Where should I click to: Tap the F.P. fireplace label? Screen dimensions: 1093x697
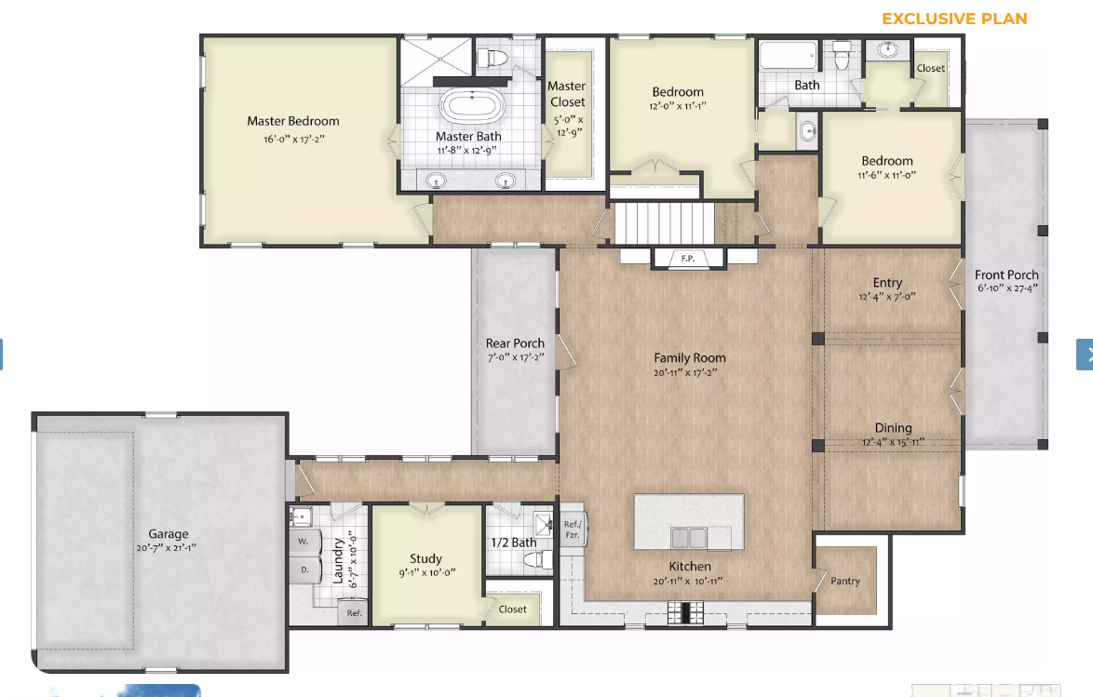[688, 259]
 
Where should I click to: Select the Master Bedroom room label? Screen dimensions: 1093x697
[292, 121]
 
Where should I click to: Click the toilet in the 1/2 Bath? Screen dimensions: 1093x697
[538, 559]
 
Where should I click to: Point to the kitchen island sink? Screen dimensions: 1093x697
[688, 537]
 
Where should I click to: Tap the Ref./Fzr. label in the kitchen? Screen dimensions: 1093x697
[573, 529]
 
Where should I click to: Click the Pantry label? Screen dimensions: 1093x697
[845, 581]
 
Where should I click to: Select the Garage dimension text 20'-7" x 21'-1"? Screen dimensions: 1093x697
[167, 548]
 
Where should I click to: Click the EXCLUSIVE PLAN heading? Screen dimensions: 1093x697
[954, 19]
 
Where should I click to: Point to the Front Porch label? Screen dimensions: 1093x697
[1006, 275]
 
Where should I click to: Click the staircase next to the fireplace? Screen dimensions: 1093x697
[665, 222]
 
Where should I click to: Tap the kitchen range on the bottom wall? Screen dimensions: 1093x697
[685, 612]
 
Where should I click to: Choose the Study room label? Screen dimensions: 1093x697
[425, 558]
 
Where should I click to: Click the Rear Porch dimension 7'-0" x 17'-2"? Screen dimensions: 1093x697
[515, 357]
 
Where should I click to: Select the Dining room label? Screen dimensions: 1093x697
[893, 428]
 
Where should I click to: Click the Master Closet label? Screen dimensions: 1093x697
[567, 94]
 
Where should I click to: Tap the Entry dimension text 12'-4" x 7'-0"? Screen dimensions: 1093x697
[886, 297]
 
